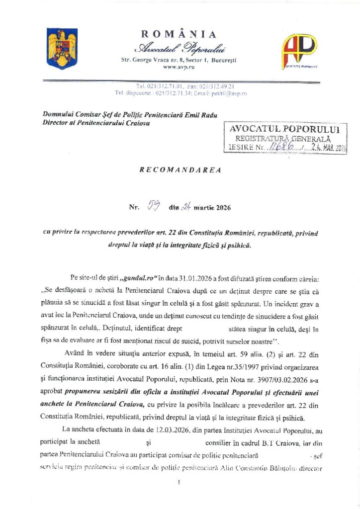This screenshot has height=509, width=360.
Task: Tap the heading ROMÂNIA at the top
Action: pos(179,34)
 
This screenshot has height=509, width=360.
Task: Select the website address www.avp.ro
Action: pos(179,67)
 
